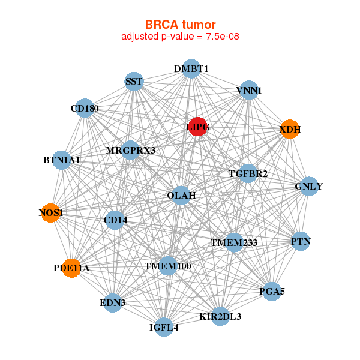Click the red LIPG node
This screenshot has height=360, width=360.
click(197, 127)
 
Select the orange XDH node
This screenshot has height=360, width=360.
click(290, 129)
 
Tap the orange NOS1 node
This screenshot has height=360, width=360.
click(51, 213)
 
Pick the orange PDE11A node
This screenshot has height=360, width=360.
click(71, 268)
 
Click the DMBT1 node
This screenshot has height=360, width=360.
click(191, 69)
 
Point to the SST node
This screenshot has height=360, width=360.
click(134, 81)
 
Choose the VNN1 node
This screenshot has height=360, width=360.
click(248, 91)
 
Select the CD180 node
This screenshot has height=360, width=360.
click(85, 109)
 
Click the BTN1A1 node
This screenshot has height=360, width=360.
click(62, 160)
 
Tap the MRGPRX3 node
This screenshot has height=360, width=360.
click(131, 150)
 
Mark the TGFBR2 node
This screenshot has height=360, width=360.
click(248, 174)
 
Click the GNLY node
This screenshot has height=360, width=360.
click(308, 187)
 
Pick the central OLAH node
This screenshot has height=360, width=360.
click(181, 196)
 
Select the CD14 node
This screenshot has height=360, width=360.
click(115, 220)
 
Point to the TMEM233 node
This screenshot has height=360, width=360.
click(234, 243)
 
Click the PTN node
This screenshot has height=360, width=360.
click(301, 242)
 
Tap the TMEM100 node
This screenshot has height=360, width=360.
click(167, 265)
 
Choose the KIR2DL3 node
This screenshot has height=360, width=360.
click(220, 316)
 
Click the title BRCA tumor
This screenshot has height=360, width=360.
click(180, 25)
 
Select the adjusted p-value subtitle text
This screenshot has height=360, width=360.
click(180, 37)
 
